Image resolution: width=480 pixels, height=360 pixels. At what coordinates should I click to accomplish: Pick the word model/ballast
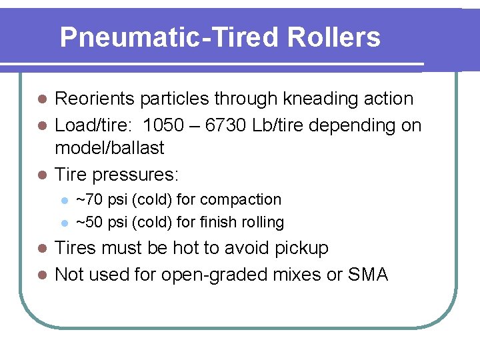109,148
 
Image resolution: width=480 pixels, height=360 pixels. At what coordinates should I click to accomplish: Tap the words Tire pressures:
117,175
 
